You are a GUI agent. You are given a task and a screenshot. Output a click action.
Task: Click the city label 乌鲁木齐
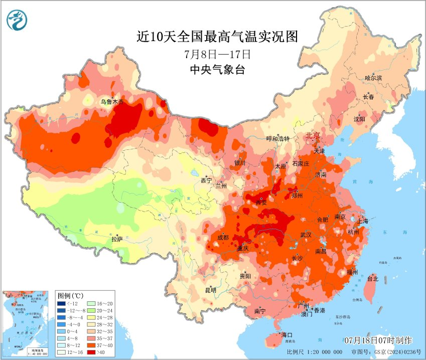[112, 101]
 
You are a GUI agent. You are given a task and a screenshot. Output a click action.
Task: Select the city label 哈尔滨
[373, 78]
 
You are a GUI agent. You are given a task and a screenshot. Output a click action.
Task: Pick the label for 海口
[287, 334]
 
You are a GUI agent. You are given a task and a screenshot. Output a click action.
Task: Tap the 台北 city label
[372, 278]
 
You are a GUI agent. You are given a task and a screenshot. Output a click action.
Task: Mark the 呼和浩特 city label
[277, 139]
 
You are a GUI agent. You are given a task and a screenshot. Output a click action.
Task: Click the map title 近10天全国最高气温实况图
[217, 37]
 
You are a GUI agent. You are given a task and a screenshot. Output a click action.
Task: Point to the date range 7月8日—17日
[217, 53]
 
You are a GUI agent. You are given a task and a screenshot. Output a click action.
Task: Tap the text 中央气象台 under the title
[217, 70]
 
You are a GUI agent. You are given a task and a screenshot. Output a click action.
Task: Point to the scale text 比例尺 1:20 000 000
[314, 352]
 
